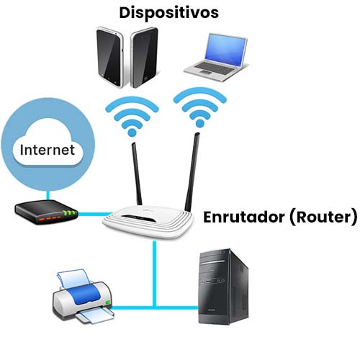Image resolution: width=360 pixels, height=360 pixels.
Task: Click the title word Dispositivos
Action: [x=169, y=13]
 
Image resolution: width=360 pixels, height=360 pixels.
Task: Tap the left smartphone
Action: [x=109, y=57]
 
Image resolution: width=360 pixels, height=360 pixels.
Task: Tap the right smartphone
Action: [x=144, y=58]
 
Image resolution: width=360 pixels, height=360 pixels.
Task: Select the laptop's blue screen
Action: [x=225, y=50]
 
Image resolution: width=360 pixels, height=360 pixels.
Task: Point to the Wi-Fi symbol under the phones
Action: [x=132, y=117]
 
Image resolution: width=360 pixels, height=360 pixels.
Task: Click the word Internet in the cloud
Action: [x=48, y=150]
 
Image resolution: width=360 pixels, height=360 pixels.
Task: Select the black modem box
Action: [x=47, y=212]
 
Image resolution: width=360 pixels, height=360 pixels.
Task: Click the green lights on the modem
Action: [x=69, y=212]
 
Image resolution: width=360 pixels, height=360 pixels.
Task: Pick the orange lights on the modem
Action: [x=50, y=218]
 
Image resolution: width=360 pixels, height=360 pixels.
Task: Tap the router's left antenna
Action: [x=137, y=174]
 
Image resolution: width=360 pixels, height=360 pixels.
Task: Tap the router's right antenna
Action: [x=192, y=172]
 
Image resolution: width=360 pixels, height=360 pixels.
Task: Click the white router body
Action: [x=148, y=220]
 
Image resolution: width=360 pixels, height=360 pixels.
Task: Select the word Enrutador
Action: [x=245, y=217]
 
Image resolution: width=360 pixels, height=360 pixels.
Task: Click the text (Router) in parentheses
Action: [x=324, y=217]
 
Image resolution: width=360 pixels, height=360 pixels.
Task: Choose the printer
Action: [x=83, y=297]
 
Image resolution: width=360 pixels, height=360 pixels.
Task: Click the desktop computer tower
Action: [x=223, y=287]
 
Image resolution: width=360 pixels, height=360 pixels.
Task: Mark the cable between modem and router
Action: [x=95, y=214]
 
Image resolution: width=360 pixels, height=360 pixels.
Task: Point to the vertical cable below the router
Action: [x=154, y=274]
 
